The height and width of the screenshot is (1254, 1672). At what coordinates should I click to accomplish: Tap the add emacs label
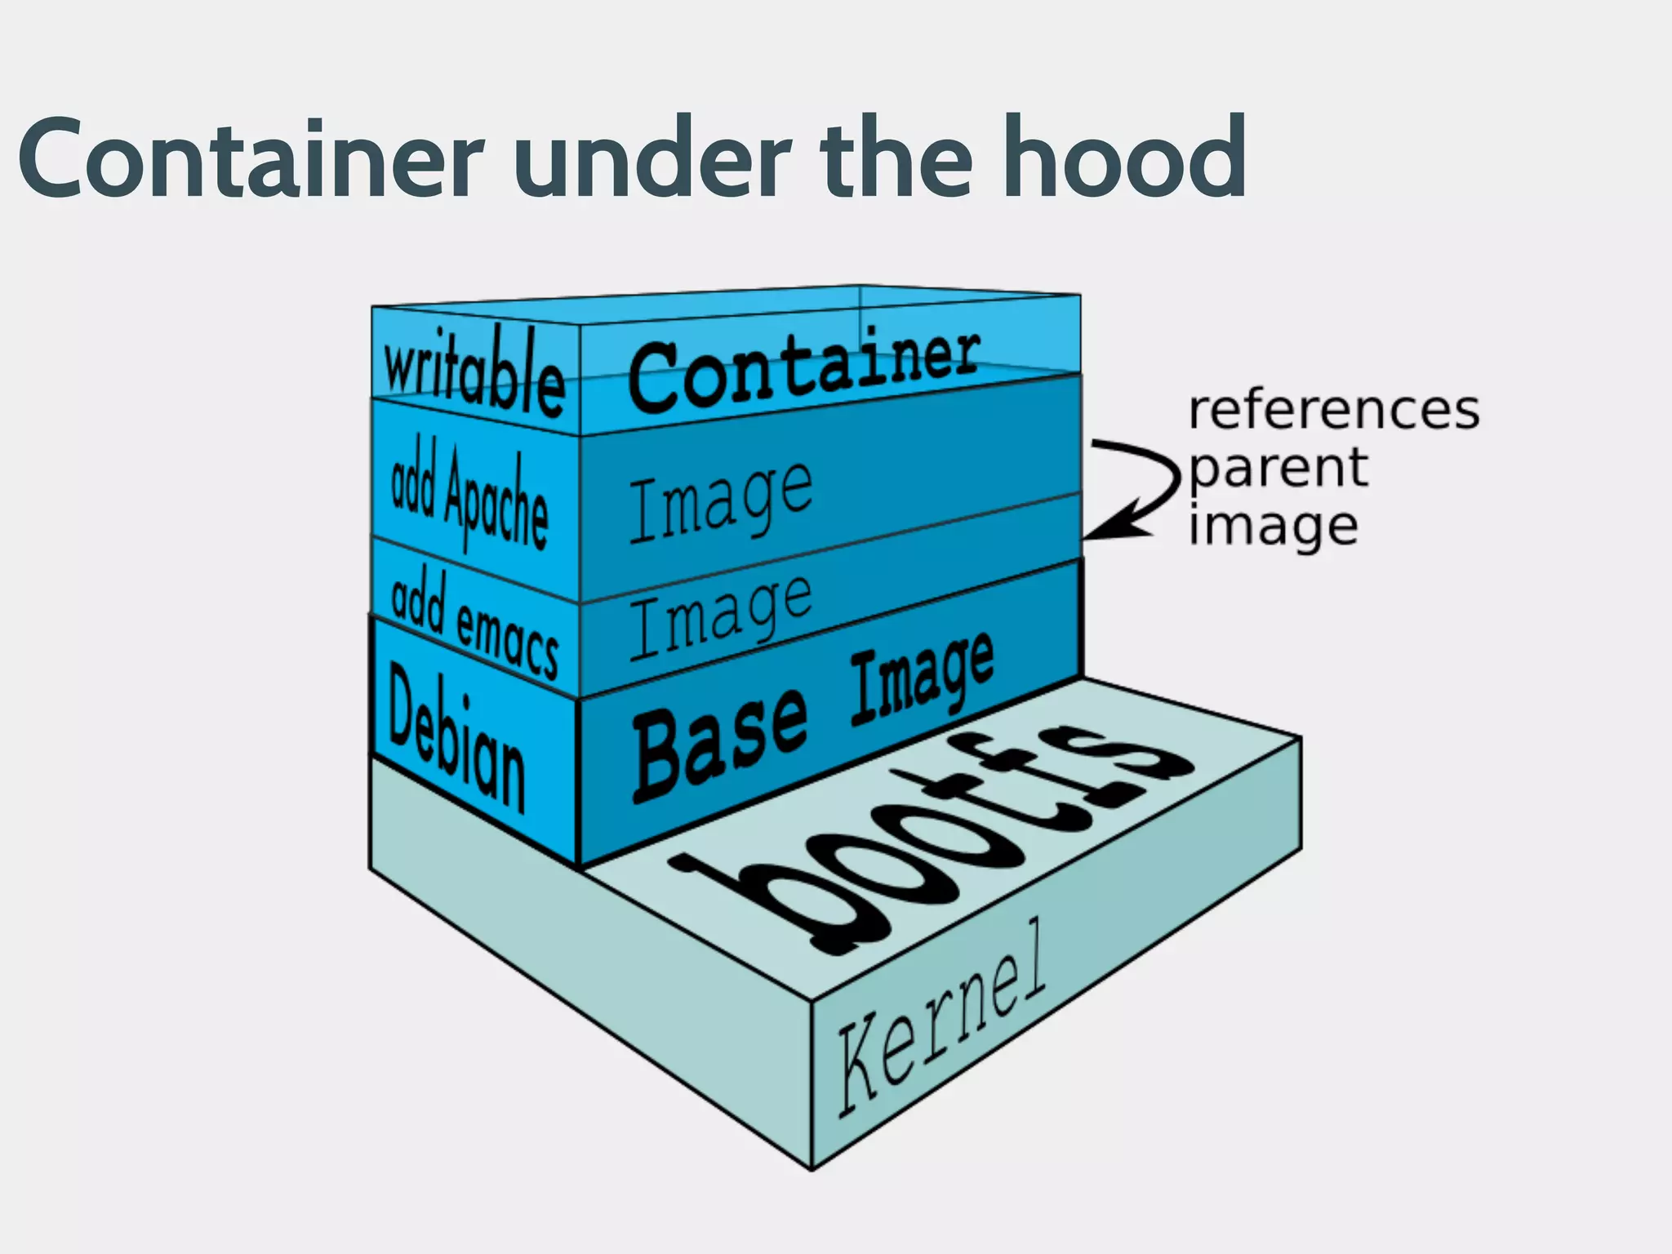coord(474,625)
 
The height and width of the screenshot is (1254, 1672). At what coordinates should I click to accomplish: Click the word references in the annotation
coord(1333,410)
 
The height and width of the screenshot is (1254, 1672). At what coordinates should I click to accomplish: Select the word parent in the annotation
coord(1278,469)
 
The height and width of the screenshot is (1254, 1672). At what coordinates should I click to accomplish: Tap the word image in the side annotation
coord(1273,527)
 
